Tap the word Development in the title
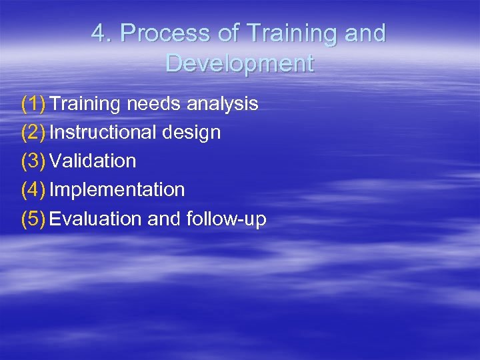pos(239,63)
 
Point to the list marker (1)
pos(33,104)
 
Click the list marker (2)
pos(33,133)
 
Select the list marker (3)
pos(33,161)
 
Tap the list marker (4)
pos(33,190)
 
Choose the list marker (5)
pos(33,219)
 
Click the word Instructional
pos(104,133)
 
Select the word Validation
pos(93,161)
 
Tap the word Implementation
pos(117,190)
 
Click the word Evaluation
pos(95,219)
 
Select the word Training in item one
pos(85,104)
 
